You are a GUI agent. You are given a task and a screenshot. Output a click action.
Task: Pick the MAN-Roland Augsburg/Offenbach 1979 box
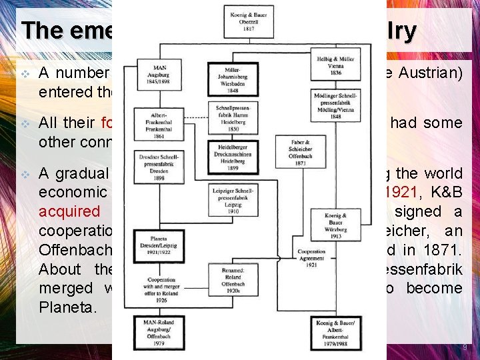click(x=159, y=329)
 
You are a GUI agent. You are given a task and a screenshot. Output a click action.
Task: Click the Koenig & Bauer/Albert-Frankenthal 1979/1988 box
click(x=336, y=329)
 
